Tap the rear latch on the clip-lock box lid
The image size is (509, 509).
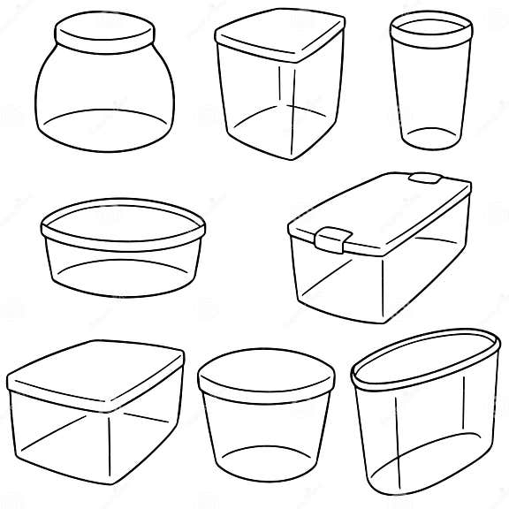tap(425, 179)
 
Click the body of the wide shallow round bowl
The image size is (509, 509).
tap(123, 265)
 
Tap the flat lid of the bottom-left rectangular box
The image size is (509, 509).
tap(95, 371)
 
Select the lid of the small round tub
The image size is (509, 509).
tap(265, 376)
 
